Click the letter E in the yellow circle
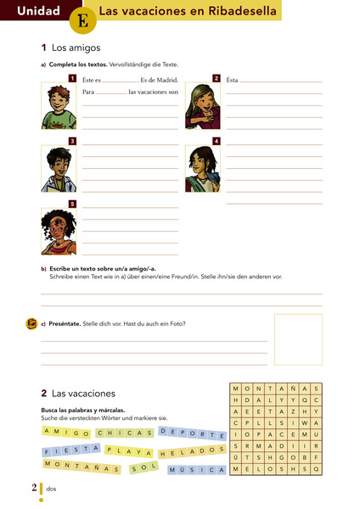pyautogui.click(x=82, y=20)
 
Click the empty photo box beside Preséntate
pyautogui.click(x=297, y=338)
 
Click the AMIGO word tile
pyautogui.click(x=65, y=433)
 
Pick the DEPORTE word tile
pyautogui.click(x=188, y=433)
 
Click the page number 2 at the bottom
pyautogui.click(x=34, y=487)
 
